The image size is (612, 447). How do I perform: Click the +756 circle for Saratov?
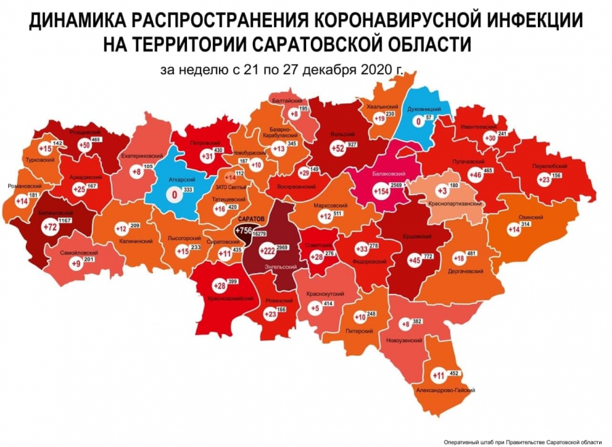pyautogui.click(x=243, y=231)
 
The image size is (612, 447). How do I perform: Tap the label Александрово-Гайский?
pyautogui.click(x=444, y=391)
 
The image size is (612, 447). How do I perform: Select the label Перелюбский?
pyautogui.click(x=548, y=166)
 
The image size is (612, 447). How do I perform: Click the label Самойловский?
pyautogui.click(x=73, y=252)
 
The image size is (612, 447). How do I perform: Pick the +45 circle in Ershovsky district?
pyautogui.click(x=413, y=259)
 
